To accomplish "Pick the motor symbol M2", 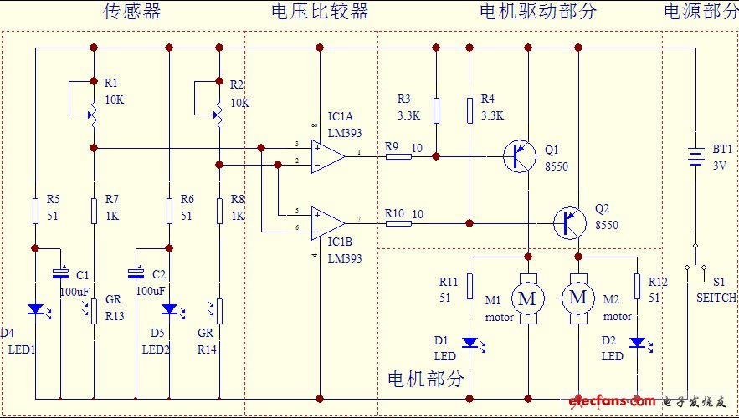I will pos(577,297).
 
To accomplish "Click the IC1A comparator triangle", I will pos(327,156).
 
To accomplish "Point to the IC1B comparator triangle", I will pos(327,223).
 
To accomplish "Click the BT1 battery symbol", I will pos(695,156).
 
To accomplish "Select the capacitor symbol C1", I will pos(60,273).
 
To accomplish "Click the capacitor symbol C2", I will pos(136,273).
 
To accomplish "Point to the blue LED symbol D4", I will pos(35,308).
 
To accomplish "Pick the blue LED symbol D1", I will pos(470,342).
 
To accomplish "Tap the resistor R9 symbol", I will pos(398,156).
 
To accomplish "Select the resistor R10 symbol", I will pos(398,223).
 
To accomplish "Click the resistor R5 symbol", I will pos(35,211).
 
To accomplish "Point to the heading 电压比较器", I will pos(320,12).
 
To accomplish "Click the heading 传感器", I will pos(132,12).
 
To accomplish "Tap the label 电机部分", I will pos(425,379).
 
